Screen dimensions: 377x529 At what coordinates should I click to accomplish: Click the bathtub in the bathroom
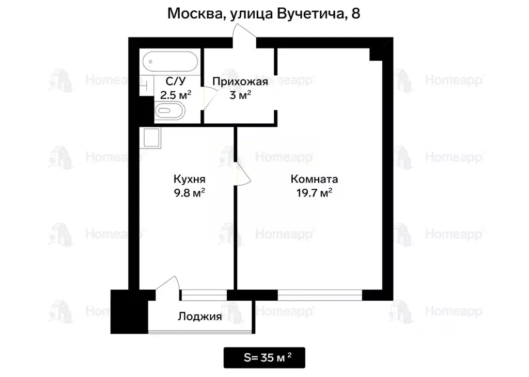[x=169, y=62]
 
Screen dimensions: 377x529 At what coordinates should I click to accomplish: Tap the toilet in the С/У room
[x=169, y=110]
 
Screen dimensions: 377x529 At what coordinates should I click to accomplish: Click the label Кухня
[x=190, y=179]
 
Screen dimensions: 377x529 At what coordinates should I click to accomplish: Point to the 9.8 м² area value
[x=190, y=193]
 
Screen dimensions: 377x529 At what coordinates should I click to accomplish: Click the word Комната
[x=314, y=179]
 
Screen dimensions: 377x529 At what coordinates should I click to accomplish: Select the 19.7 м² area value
[x=314, y=193]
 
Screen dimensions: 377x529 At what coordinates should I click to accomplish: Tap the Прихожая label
[x=240, y=81]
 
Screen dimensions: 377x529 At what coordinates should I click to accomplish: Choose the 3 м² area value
[x=240, y=95]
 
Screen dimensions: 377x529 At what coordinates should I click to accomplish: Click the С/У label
[x=173, y=81]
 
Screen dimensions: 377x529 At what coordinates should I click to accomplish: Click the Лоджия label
[x=200, y=317]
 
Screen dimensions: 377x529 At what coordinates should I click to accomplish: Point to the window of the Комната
[x=320, y=295]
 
